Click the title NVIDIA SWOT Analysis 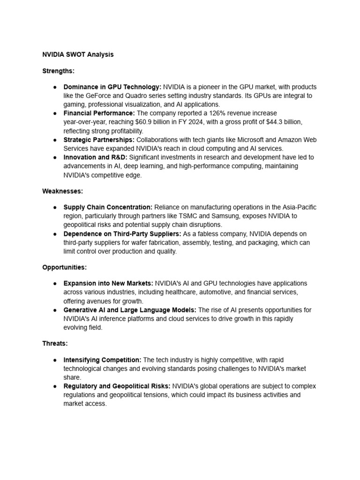pos(78,55)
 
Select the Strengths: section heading pos(59,71)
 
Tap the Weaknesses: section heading pos(62,191)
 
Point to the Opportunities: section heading pos(65,267)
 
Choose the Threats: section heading pos(55,343)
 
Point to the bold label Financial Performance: pos(99,113)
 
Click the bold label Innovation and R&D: pos(95,157)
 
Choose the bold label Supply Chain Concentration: pos(108,207)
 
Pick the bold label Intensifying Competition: pos(102,360)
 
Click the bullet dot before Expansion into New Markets pos(55,284)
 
